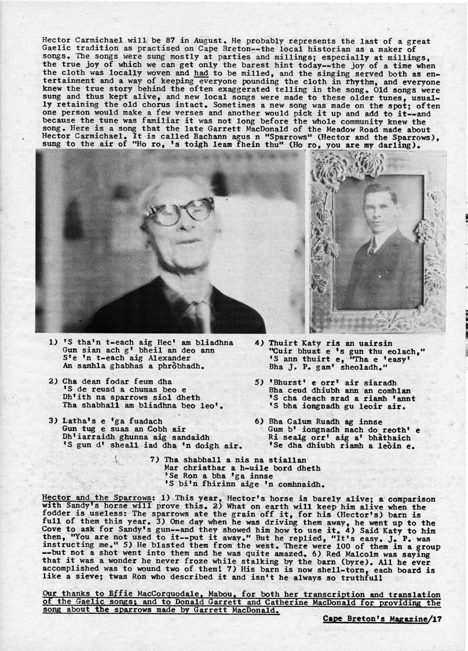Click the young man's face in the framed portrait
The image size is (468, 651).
tap(374, 209)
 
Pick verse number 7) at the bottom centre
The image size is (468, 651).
tap(155, 459)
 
